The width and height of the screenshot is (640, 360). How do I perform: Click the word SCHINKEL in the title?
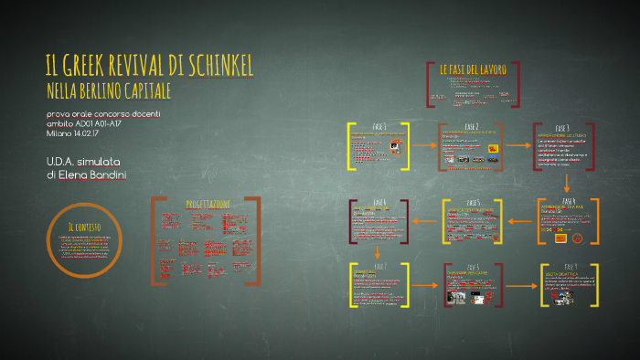point(212,66)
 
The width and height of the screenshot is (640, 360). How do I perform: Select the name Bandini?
point(108,174)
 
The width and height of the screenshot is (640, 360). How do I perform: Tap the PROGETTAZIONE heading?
point(208,203)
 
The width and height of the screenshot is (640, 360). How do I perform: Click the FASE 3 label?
point(562,128)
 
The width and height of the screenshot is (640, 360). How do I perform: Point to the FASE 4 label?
point(569,201)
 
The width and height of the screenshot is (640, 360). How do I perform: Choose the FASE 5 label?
point(473,203)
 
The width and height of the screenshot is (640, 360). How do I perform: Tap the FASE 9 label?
point(570,266)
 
